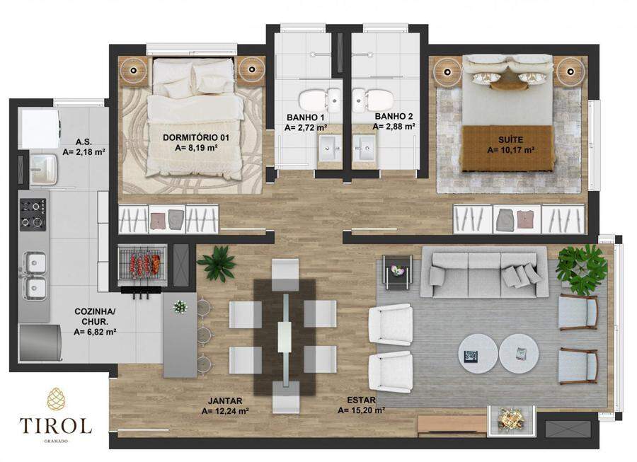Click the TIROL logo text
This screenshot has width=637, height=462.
(x=56, y=425)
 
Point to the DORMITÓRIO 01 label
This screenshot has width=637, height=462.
(x=196, y=138)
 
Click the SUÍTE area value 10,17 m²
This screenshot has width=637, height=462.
(x=510, y=150)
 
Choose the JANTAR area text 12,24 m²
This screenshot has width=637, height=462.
(x=225, y=411)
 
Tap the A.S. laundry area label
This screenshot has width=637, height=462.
(x=84, y=142)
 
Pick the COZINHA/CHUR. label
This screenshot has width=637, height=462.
(x=95, y=317)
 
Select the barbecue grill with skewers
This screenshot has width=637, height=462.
(x=142, y=263)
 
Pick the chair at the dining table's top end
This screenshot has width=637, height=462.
(x=285, y=275)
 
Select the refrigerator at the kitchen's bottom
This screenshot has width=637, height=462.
(x=40, y=342)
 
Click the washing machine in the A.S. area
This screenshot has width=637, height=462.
(x=40, y=128)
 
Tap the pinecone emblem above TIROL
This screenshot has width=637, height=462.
(x=56, y=398)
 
